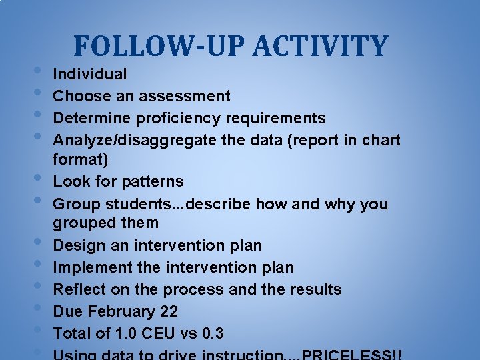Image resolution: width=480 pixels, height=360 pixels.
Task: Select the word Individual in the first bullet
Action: coord(90,74)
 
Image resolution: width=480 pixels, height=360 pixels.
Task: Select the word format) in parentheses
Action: coord(81,160)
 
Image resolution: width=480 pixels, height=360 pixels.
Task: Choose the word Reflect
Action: coord(76,289)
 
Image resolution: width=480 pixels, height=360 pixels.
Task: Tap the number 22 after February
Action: coord(169,311)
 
